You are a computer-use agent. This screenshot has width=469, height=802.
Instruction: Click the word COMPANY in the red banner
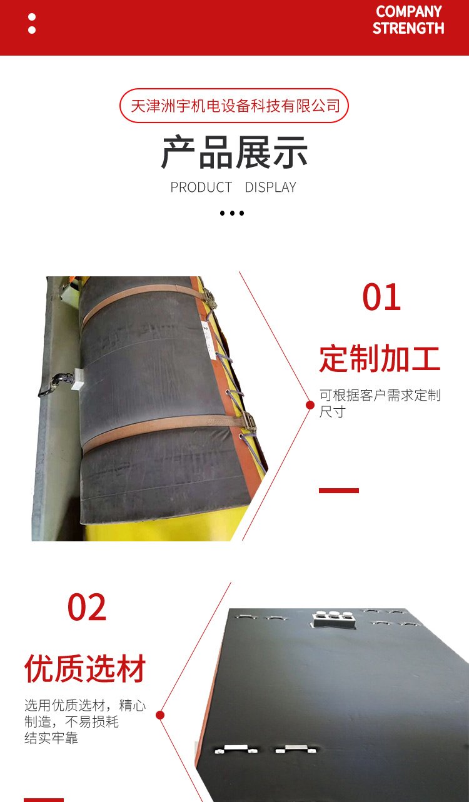tap(408, 11)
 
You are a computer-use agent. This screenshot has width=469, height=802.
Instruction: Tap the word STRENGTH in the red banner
tap(408, 28)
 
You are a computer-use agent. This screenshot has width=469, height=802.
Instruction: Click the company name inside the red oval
tap(235, 106)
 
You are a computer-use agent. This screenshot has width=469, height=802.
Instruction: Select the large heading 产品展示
tap(234, 152)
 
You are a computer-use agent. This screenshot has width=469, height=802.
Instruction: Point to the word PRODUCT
tap(201, 188)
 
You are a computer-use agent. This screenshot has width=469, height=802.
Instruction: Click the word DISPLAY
tap(271, 188)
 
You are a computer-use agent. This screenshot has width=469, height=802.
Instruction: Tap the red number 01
tap(381, 297)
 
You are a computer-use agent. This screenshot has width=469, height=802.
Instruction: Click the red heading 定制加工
tap(380, 358)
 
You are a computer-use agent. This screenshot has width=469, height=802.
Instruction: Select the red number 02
tap(87, 607)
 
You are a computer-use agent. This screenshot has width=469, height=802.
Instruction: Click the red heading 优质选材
tap(85, 668)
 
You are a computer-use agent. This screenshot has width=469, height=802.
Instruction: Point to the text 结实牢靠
tap(51, 738)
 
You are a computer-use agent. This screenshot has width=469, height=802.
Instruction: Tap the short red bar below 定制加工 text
tap(338, 491)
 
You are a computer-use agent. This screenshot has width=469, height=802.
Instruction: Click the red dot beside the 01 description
tap(310, 405)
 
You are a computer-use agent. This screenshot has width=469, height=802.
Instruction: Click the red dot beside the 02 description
tap(160, 715)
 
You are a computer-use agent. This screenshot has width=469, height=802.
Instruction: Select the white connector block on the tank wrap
tap(78, 379)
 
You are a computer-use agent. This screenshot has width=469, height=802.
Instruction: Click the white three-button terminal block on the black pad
tap(333, 619)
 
